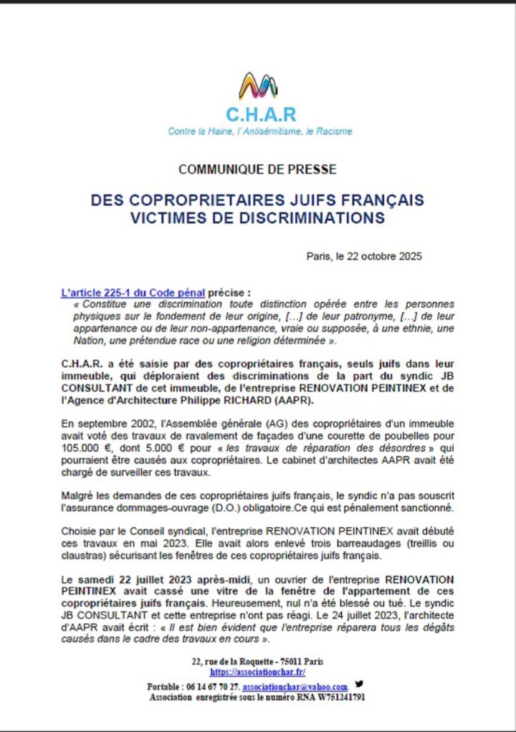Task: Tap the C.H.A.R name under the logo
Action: pyautogui.click(x=260, y=115)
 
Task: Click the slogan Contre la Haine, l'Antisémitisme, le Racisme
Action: pyautogui.click(x=260, y=132)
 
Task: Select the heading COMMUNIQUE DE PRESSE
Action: pyautogui.click(x=257, y=170)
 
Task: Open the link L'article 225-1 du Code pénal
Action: pyautogui.click(x=133, y=293)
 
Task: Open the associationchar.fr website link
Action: pyautogui.click(x=257, y=672)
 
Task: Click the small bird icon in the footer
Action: pyautogui.click(x=358, y=684)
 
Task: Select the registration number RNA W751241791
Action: pyautogui.click(x=324, y=697)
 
